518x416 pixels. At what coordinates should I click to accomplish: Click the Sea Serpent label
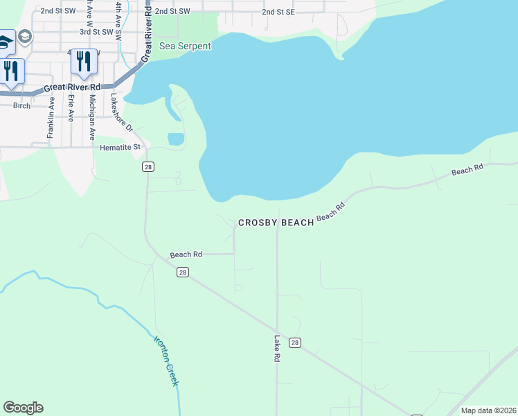[x=185, y=46]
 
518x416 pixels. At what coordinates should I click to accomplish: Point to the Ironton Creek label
[x=166, y=361]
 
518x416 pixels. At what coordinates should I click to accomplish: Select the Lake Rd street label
[x=277, y=349]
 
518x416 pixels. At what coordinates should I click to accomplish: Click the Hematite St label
[x=120, y=147]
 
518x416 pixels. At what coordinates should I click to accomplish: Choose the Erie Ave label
[x=71, y=107]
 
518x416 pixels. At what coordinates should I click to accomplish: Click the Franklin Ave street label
[x=51, y=117]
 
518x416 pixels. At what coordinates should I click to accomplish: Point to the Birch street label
[x=22, y=106]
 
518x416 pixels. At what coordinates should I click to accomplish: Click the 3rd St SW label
[x=96, y=32]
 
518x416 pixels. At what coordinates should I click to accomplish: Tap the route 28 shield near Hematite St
[x=148, y=167]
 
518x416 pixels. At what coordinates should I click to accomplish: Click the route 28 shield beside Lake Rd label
[x=295, y=343]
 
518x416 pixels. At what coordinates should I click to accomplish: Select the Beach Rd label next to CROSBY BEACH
[x=330, y=212]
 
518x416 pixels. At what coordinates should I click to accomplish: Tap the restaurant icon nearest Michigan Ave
[x=84, y=61]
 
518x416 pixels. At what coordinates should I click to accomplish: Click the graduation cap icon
[x=25, y=36]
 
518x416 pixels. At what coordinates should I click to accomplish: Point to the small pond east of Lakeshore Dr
[x=176, y=139]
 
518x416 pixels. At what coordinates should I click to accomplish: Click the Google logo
[x=23, y=408]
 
